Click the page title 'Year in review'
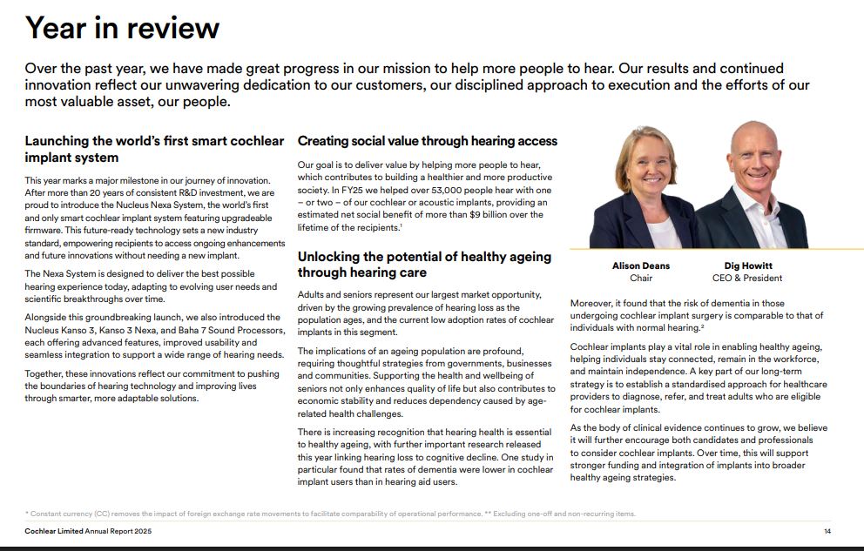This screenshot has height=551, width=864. click(x=122, y=29)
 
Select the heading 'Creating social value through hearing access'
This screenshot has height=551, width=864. click(x=427, y=141)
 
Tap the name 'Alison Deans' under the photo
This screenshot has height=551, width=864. click(x=640, y=265)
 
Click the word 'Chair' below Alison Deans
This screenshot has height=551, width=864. click(x=640, y=279)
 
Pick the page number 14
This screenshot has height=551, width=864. click(x=827, y=531)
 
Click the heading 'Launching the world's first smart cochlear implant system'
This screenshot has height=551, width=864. click(x=154, y=149)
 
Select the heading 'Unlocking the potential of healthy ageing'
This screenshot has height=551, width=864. click(x=424, y=256)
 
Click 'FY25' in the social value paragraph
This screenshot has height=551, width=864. click(x=343, y=190)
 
